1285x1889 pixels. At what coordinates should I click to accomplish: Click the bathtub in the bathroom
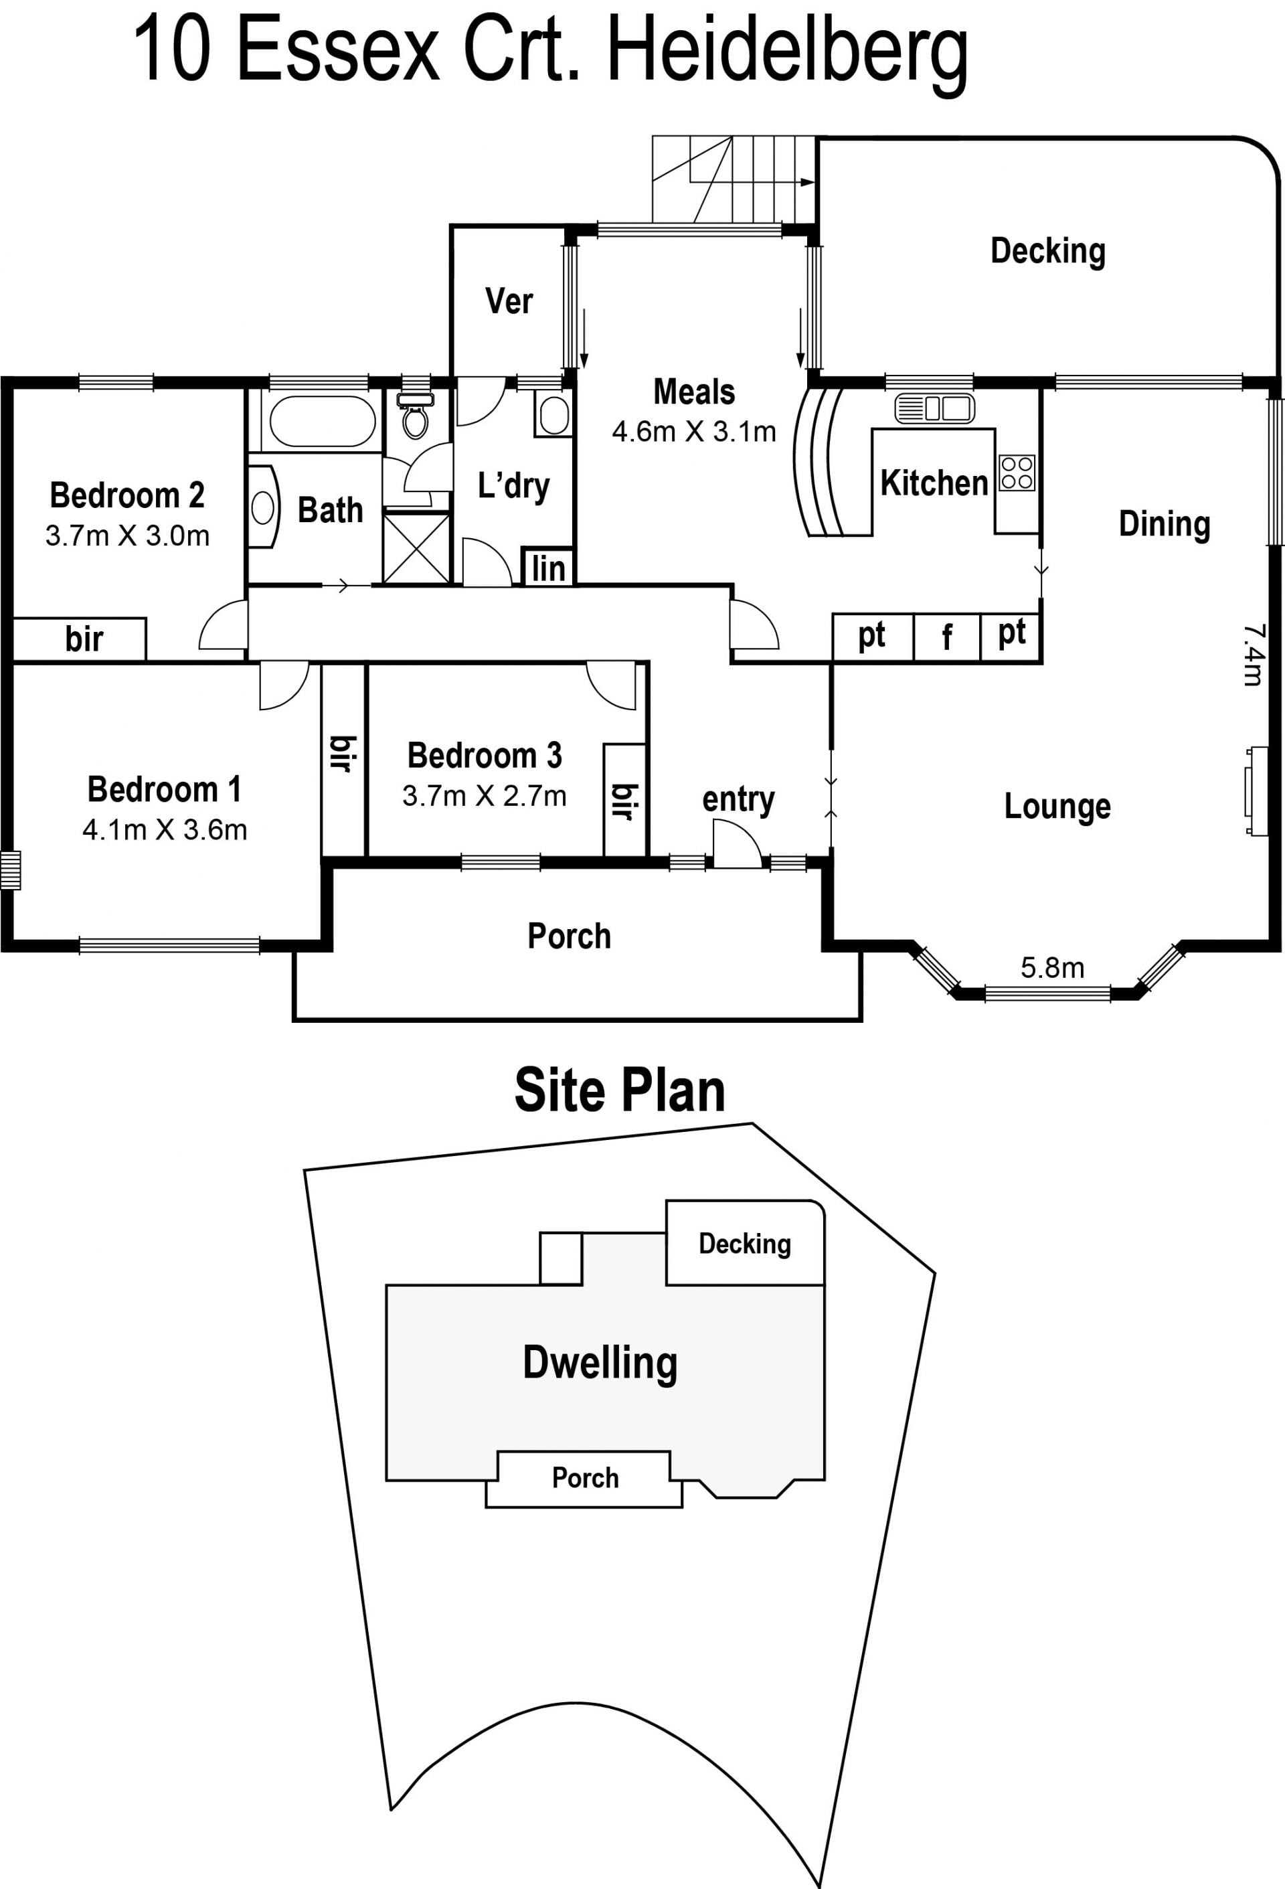322,421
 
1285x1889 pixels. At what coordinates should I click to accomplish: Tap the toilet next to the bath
416,414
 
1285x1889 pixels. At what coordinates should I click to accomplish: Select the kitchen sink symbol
934,408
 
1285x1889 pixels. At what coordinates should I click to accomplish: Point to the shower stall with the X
416,549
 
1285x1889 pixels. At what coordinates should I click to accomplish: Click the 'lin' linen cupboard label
548,569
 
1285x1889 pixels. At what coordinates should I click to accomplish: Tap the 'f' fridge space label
947,637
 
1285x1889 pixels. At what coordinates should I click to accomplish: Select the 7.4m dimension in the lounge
1252,655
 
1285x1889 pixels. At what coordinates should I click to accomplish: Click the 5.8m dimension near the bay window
1053,967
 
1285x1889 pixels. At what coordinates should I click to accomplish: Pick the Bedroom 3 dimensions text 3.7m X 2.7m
485,796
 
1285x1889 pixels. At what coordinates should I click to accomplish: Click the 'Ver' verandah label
509,301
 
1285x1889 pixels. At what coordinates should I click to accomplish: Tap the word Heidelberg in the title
788,53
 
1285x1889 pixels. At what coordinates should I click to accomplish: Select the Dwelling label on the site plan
600,1362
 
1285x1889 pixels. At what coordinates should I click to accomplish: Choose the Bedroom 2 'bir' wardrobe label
84,639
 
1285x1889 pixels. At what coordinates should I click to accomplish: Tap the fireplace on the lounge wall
1256,792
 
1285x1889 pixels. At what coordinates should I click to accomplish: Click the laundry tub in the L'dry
553,414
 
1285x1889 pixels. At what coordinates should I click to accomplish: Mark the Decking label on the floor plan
1047,251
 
